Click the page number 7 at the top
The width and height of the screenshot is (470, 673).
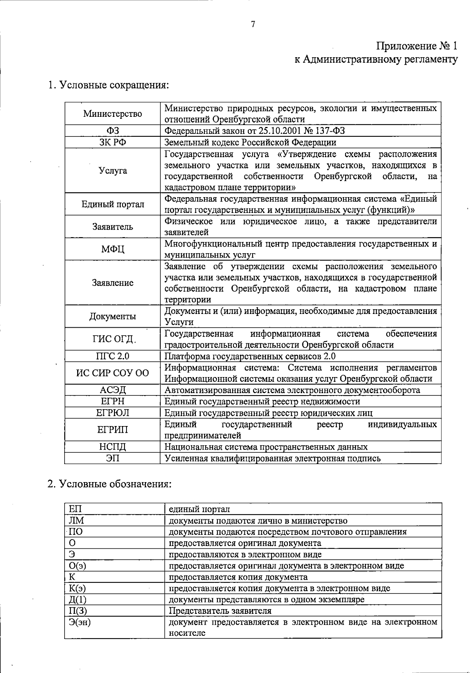[253, 24]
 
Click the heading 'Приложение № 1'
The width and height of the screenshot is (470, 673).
[417, 46]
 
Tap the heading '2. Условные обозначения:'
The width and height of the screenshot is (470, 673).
[109, 484]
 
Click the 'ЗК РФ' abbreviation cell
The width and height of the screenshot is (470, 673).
[112, 142]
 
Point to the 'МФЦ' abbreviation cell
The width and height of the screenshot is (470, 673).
[112, 249]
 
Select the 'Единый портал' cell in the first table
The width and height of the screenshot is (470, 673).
[112, 204]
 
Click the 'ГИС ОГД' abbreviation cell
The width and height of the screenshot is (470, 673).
[112, 339]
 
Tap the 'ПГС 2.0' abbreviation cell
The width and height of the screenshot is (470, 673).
[112, 356]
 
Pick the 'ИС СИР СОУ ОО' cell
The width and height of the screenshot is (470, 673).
[112, 373]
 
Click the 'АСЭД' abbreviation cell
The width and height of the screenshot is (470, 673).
[112, 390]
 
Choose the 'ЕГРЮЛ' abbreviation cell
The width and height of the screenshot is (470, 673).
[112, 413]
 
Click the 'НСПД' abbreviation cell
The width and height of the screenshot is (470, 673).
[112, 447]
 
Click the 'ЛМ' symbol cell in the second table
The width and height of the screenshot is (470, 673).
[76, 521]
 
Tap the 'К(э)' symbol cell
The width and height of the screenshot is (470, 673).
[77, 588]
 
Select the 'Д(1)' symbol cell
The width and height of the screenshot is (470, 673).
[77, 600]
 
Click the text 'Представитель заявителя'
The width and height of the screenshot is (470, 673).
[220, 611]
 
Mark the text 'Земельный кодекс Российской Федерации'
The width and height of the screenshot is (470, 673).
[250, 142]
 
